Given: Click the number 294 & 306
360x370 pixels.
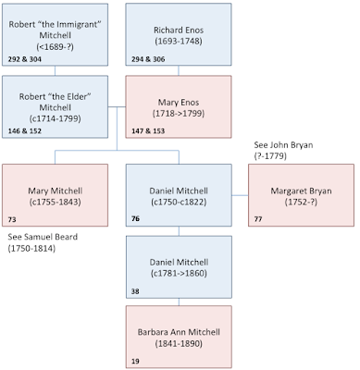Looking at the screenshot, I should point(145,56).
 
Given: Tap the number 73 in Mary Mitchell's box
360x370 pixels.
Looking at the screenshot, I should point(12,220).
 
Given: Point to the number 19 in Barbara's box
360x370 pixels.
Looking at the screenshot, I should point(135,362).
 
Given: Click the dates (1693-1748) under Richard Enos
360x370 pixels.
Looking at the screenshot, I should point(178,43).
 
